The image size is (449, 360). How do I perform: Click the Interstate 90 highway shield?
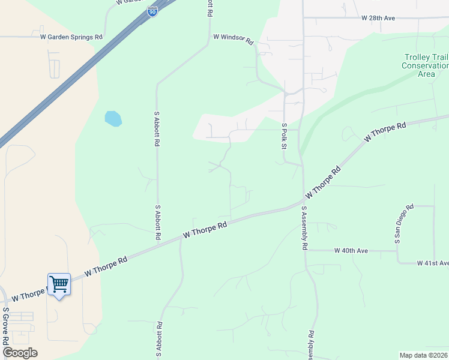[153, 11]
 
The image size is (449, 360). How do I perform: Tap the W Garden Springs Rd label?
[71, 37]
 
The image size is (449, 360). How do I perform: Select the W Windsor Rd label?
[234, 38]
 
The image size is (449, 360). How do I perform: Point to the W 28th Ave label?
[378, 18]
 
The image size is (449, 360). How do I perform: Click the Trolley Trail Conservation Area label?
[426, 65]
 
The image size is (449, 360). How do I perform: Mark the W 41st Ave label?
[433, 263]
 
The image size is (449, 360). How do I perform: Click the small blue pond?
[113, 119]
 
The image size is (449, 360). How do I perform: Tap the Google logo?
[20, 353]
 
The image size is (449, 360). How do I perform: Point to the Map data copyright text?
[424, 355]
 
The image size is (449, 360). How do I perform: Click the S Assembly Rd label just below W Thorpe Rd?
[304, 228]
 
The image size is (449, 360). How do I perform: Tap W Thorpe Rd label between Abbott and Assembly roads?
[205, 229]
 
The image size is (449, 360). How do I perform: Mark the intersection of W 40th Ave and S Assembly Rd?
[306, 250]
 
